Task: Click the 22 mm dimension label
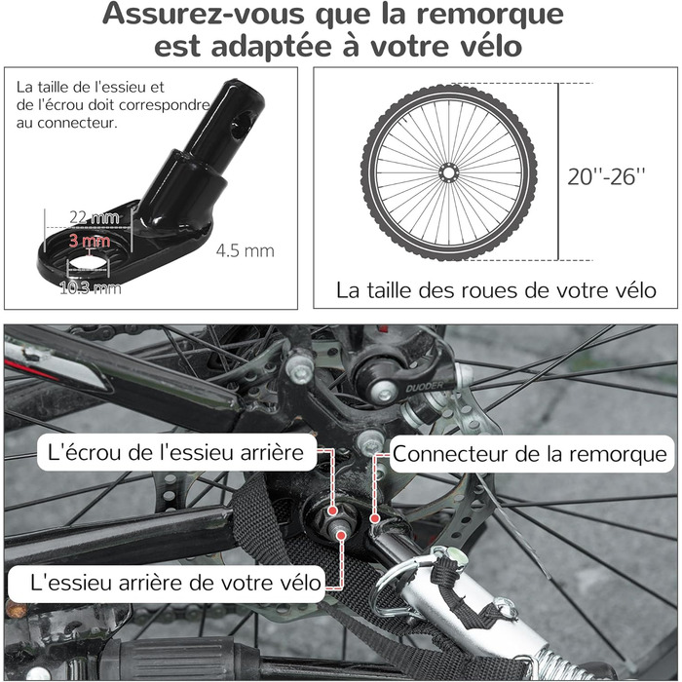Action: tap(95, 217)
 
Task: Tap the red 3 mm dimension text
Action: tap(90, 241)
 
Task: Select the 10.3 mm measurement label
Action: tap(91, 288)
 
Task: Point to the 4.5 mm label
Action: tap(246, 251)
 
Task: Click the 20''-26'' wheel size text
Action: tap(606, 176)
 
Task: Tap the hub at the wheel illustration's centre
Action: tap(448, 173)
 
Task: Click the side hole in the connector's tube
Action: tap(242, 124)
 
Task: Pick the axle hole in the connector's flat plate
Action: tap(89, 264)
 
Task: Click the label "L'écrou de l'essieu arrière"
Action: tap(175, 453)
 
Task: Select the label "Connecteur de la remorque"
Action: tap(529, 454)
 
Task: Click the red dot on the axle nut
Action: tap(333, 511)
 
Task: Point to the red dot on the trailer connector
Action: tap(374, 518)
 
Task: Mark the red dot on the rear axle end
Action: tap(341, 535)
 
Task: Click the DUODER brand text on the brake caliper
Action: tap(425, 386)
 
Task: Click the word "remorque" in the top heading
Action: tap(490, 15)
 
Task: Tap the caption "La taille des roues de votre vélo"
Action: tap(496, 290)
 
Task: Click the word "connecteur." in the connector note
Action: tap(77, 123)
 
